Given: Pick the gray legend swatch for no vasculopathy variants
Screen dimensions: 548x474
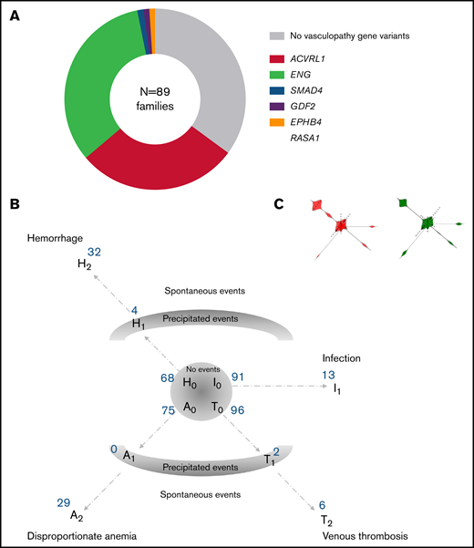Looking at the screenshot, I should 275,36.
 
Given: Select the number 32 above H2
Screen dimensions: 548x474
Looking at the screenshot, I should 93,252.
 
